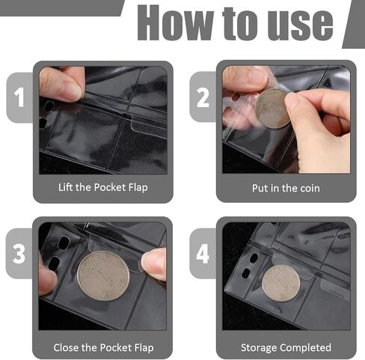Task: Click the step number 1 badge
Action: pos(19,97)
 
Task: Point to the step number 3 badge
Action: pos(19,252)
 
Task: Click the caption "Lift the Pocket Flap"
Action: pos(103,187)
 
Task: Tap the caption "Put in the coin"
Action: pos(286,187)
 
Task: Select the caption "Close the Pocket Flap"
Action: pos(103,347)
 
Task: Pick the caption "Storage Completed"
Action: pos(286,347)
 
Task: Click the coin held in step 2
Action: pos(272,109)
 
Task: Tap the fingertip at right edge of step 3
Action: pos(155,264)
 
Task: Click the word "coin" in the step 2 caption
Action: pos(308,187)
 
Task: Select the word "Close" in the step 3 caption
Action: pos(69,347)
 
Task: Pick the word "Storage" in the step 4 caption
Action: pos(262,347)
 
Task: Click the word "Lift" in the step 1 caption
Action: pos(67,187)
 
